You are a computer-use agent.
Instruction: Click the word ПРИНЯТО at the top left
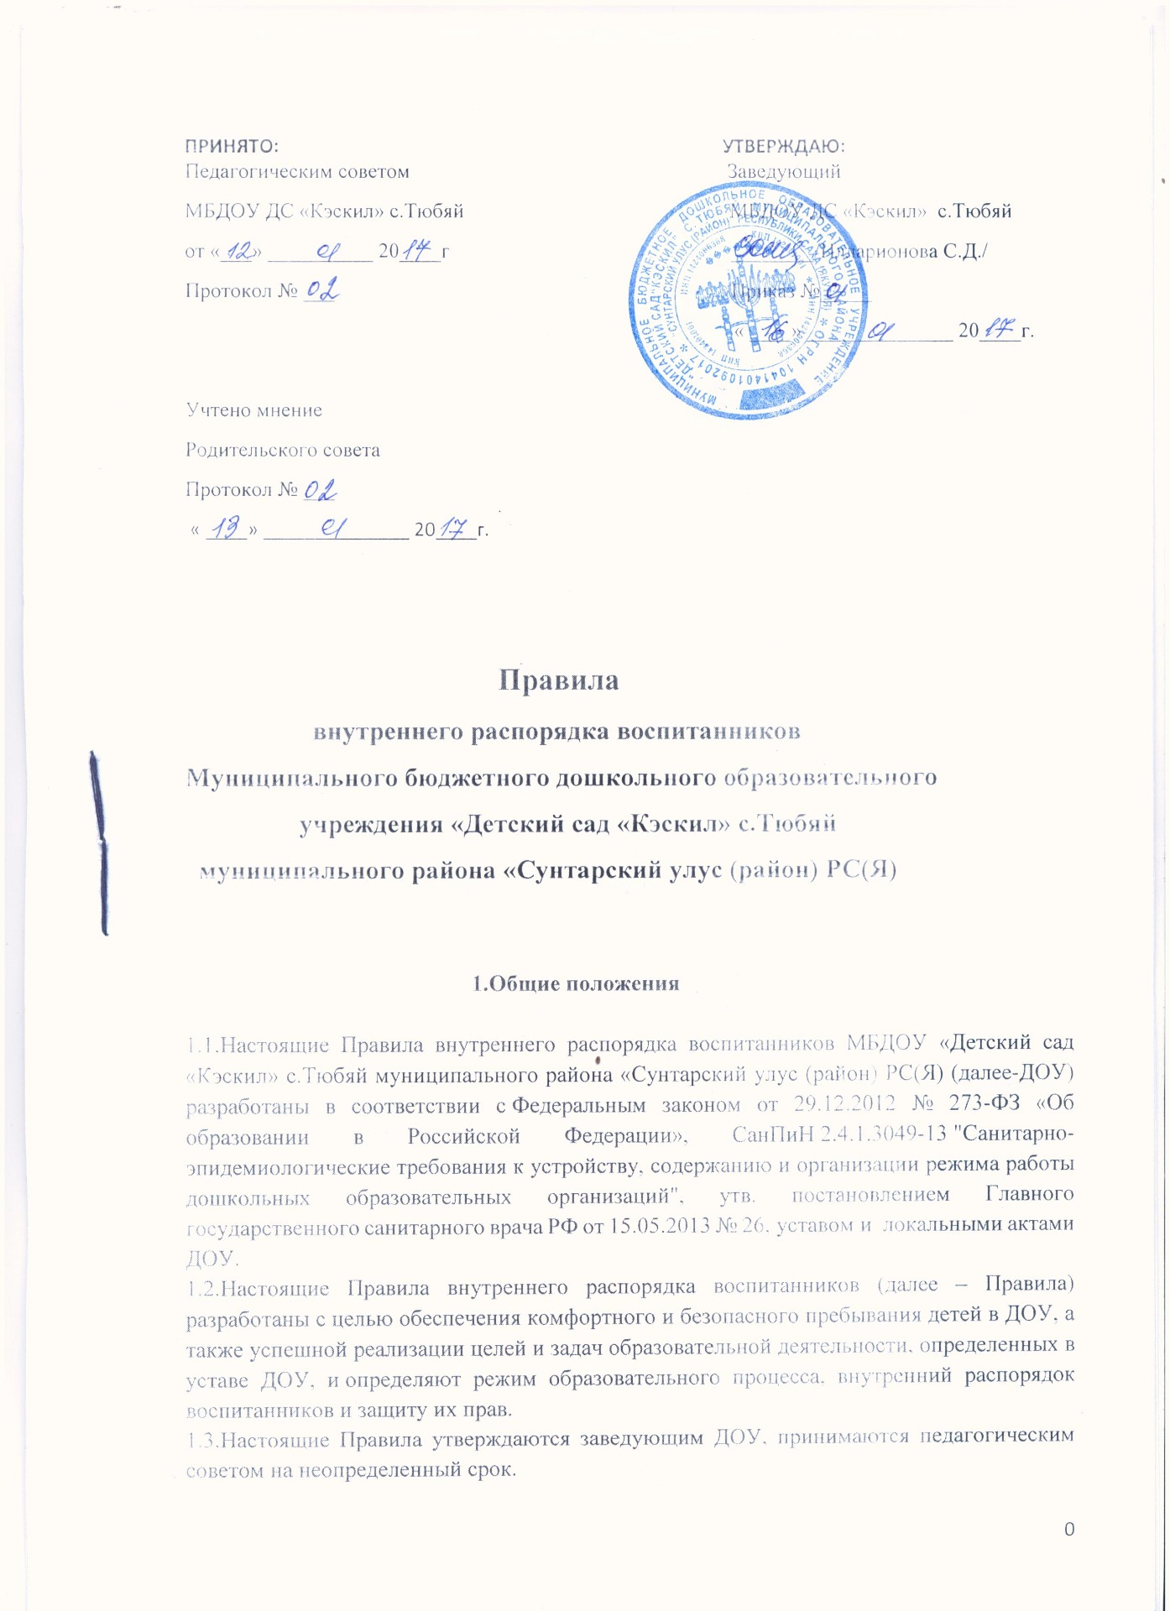point(231,146)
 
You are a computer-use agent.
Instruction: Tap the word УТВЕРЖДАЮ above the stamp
point(783,146)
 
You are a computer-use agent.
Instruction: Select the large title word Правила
point(559,680)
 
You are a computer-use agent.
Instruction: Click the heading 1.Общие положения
point(576,983)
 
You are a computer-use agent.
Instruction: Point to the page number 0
point(1068,1529)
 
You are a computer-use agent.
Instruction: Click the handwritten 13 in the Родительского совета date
point(226,528)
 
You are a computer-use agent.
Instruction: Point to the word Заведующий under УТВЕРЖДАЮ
point(783,172)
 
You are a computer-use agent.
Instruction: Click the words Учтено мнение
point(253,410)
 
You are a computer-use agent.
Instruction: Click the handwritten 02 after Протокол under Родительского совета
point(320,489)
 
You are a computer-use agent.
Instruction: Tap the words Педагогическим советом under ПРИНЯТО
point(297,172)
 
